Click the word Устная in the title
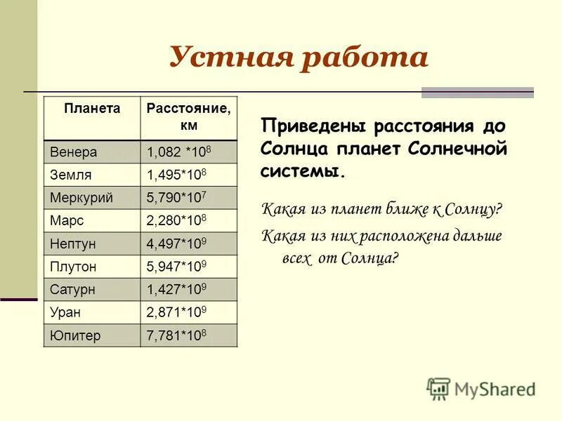coord(229,58)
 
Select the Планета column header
coord(92,109)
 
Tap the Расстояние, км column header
coord(188,116)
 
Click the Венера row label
coord(74,152)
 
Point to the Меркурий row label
coord(81,199)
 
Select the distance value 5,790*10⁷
coord(176,199)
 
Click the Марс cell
coord(67,221)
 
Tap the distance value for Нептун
coord(176,244)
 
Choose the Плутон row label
coord(73,267)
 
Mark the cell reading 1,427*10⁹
coord(176,290)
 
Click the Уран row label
coord(65,313)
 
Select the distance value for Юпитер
coord(176,335)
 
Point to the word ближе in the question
coord(407,209)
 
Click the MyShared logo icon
coord(438,388)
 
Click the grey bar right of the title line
coord(477,93)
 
